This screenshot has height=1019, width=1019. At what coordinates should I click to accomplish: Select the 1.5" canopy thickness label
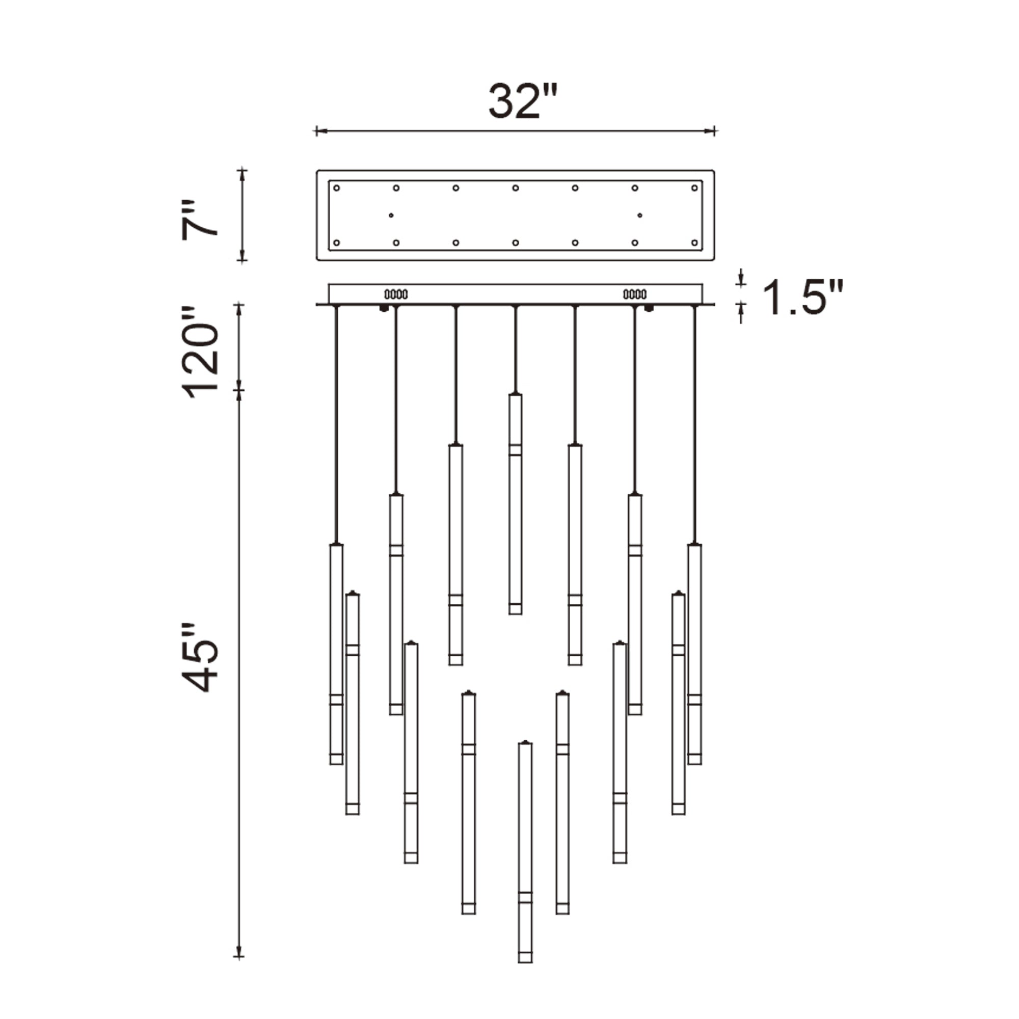803,298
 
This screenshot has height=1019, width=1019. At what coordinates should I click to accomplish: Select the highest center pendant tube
515,504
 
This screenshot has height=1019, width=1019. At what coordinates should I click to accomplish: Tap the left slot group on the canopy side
396,294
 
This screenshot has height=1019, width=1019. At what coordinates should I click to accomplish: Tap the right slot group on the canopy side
634,294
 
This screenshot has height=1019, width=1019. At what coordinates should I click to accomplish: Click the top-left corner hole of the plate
336,188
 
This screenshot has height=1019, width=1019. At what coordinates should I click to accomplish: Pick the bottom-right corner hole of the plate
694,243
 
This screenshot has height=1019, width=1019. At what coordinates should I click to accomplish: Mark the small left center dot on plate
391,215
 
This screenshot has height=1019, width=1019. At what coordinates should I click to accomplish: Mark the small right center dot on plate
639,215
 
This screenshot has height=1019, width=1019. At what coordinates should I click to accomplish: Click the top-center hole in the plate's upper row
515,188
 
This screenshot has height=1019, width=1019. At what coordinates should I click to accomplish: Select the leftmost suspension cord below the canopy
336,422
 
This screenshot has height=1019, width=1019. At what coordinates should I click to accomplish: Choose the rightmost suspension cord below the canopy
694,422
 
